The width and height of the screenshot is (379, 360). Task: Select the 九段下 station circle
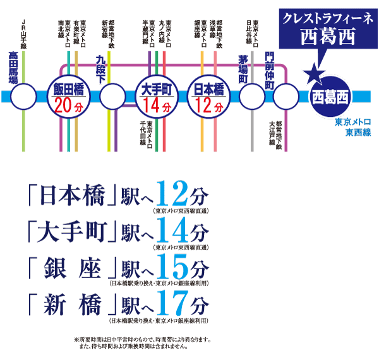tap(112, 97)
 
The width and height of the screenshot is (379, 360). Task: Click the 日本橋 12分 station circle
tap(209, 97)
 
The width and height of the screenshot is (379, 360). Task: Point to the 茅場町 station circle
tap(252, 97)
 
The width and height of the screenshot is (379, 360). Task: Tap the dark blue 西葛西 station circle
tap(330, 97)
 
